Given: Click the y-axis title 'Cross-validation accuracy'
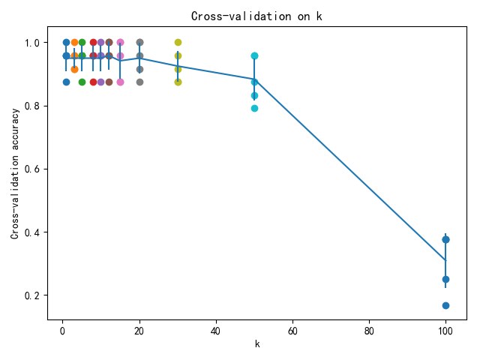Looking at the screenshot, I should [16, 174].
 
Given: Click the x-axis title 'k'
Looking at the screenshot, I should [256, 343].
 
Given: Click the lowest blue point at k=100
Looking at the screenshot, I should [445, 305].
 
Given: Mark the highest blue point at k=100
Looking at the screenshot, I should [445, 239].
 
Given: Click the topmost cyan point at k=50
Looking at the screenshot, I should [254, 55].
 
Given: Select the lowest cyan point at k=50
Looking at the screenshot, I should [254, 108].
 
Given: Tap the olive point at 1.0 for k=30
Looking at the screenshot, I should [178, 42].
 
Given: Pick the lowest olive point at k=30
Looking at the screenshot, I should [178, 82].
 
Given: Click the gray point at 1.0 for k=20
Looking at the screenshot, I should [139, 42].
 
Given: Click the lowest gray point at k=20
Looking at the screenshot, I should [139, 82].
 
